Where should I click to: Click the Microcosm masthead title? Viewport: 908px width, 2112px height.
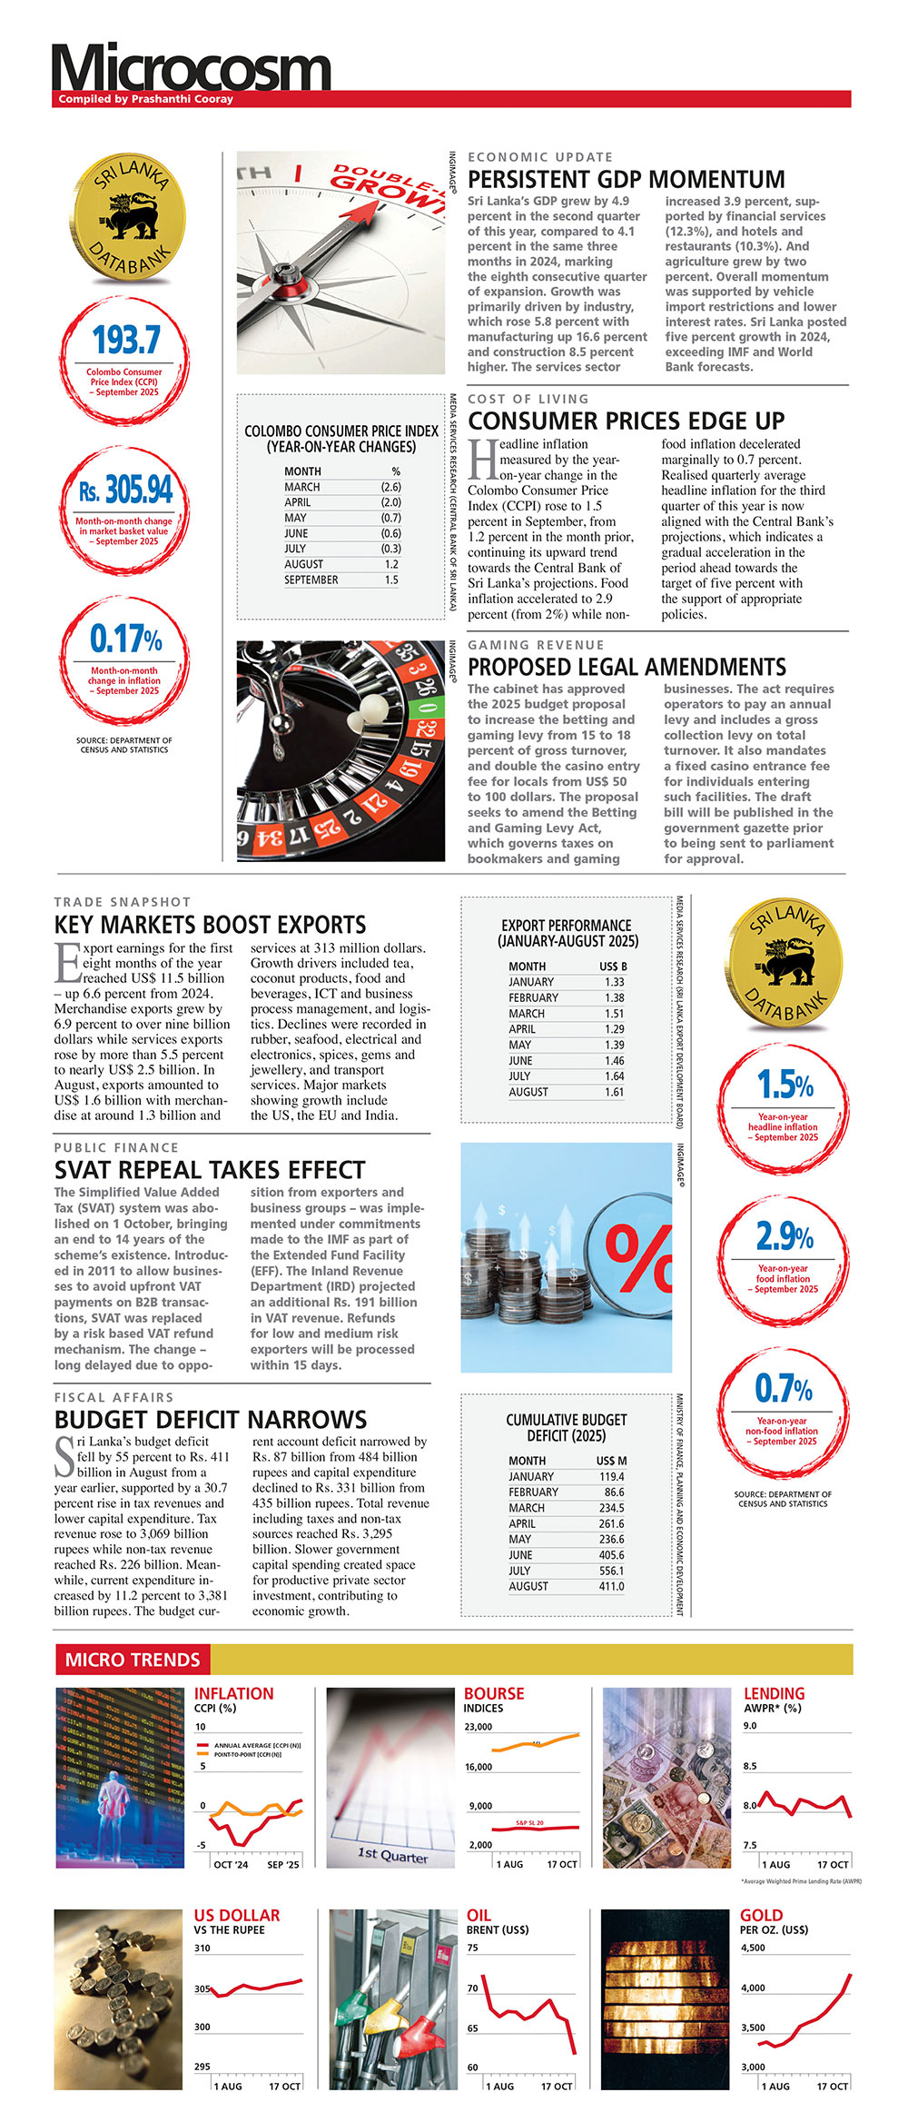[191, 68]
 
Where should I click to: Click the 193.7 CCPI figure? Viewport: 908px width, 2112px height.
[126, 340]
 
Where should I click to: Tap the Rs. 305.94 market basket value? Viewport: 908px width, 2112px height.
[125, 491]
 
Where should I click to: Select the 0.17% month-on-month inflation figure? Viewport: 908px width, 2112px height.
[125, 639]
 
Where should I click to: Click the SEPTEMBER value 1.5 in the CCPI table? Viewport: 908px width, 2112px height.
[391, 580]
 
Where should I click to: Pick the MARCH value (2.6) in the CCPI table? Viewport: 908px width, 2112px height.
[390, 487]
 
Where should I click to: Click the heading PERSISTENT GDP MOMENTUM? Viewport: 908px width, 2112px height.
[626, 179]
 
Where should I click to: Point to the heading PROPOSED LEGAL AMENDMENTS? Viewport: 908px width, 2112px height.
[627, 667]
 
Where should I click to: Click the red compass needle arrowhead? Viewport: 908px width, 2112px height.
[364, 213]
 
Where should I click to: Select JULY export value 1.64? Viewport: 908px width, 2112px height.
[614, 1076]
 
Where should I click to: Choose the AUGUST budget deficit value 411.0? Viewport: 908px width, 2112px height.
[611, 1586]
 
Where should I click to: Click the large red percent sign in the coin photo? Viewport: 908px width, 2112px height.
[638, 1257]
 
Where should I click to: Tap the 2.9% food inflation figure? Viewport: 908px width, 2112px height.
[785, 1236]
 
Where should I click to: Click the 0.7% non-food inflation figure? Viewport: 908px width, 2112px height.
[784, 1389]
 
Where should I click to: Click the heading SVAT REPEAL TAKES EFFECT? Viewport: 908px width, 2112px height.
[210, 1170]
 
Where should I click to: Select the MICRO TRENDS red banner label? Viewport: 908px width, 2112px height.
[133, 1660]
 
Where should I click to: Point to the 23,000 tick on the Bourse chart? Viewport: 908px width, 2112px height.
[478, 1727]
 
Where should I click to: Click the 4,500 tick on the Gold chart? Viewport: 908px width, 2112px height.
[753, 1948]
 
